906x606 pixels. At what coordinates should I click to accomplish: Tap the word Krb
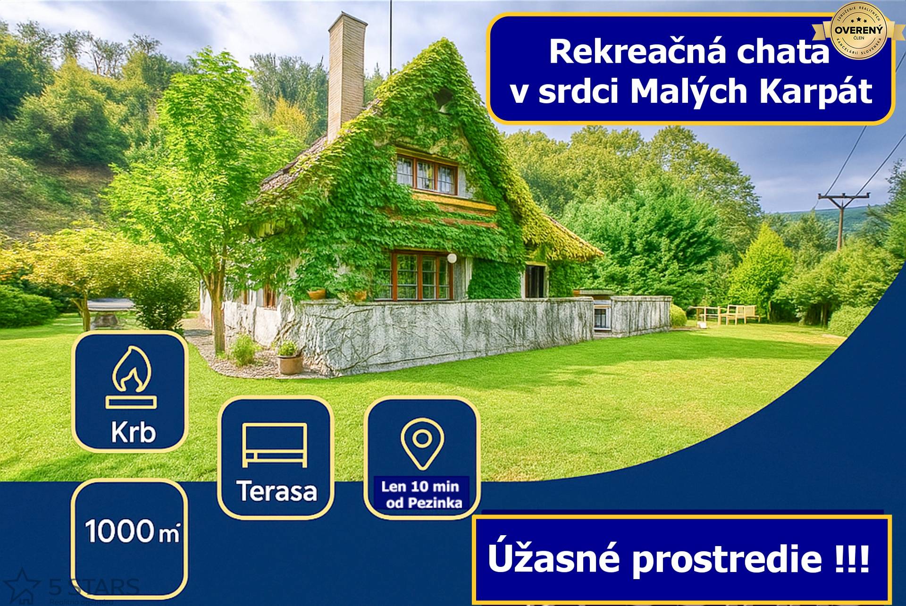133,432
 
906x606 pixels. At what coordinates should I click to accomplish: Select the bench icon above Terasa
275,445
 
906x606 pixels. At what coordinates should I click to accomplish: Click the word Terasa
277,491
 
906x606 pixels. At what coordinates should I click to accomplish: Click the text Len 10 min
420,486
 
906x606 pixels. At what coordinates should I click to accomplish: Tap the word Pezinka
435,503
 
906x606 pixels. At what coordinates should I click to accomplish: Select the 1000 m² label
132,531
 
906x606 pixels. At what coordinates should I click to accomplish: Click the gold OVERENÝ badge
858,31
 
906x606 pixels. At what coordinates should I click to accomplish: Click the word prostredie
727,559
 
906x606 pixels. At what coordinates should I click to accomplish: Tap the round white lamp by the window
452,258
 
